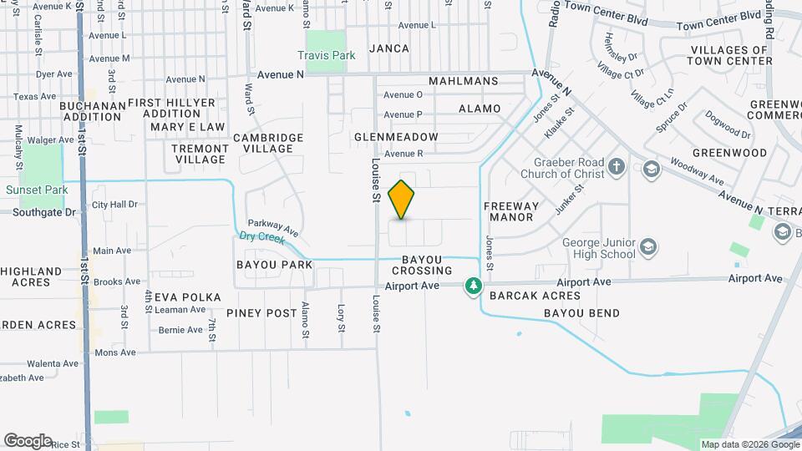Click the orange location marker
coord(402,200)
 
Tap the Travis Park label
coord(327,56)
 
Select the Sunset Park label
coord(37,190)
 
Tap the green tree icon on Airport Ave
coord(474,286)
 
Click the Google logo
coord(28,440)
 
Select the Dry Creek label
coord(261,237)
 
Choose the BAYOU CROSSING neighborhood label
coord(422,266)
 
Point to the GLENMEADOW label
coord(396,136)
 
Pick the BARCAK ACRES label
coord(535,296)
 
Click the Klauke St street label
coord(560,122)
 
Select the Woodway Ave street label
coord(696,172)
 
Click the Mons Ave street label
coord(115,352)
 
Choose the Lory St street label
coord(341,318)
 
